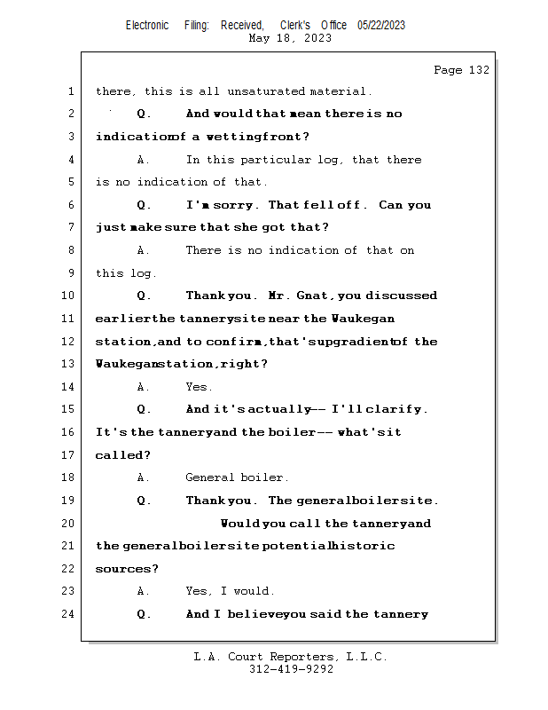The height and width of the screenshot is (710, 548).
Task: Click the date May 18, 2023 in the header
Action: tap(291, 38)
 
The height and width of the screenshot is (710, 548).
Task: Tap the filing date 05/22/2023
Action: tap(381, 25)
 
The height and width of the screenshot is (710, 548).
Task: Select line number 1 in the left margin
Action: tap(69, 91)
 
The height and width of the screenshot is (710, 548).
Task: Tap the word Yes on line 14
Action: tap(198, 387)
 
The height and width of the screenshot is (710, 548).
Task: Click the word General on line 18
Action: tap(209, 477)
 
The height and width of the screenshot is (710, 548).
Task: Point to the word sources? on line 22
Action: tap(127, 569)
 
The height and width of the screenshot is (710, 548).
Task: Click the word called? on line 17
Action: tap(122, 455)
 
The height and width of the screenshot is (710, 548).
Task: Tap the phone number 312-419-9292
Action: tap(291, 669)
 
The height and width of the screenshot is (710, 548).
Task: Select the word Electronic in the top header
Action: tap(147, 25)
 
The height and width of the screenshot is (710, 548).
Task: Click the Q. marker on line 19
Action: tap(145, 501)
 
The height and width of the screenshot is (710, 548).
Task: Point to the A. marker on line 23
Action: tap(144, 591)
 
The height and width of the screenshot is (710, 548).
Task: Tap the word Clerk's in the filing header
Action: tap(294, 25)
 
